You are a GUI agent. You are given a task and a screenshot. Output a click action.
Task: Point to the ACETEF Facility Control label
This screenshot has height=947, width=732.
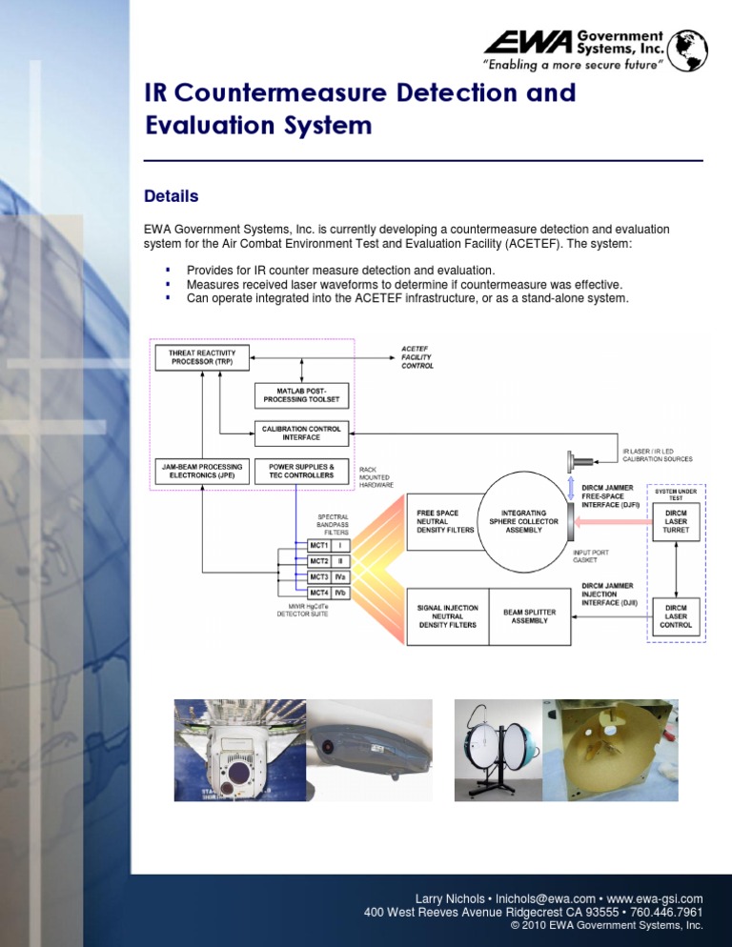(x=417, y=358)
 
